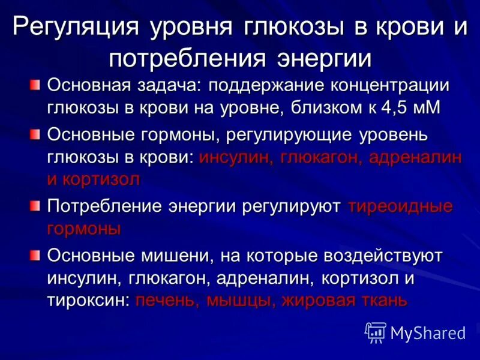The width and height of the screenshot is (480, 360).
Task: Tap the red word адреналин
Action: click(416, 157)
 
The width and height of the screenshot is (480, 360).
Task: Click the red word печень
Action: click(167, 300)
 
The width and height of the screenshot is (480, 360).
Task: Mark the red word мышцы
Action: click(239, 300)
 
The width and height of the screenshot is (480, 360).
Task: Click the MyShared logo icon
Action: click(376, 332)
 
